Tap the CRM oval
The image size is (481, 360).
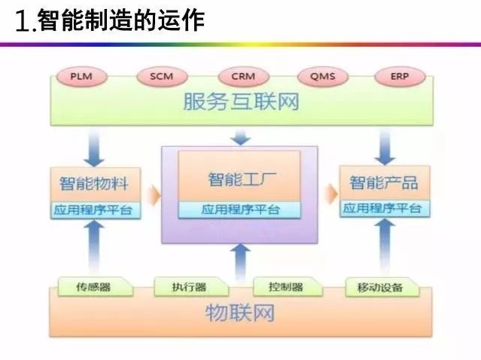point(243,77)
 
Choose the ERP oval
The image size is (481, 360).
point(399,77)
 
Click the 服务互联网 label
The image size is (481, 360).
point(241,102)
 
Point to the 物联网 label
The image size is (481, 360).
point(240,313)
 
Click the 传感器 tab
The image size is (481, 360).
point(93,287)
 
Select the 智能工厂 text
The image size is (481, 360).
point(239,181)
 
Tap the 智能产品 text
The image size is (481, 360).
point(383,183)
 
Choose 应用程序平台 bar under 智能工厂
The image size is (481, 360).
point(239,209)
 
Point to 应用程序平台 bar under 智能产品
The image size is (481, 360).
point(383,209)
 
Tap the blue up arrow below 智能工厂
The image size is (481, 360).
point(240,261)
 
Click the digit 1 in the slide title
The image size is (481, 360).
point(23,21)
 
